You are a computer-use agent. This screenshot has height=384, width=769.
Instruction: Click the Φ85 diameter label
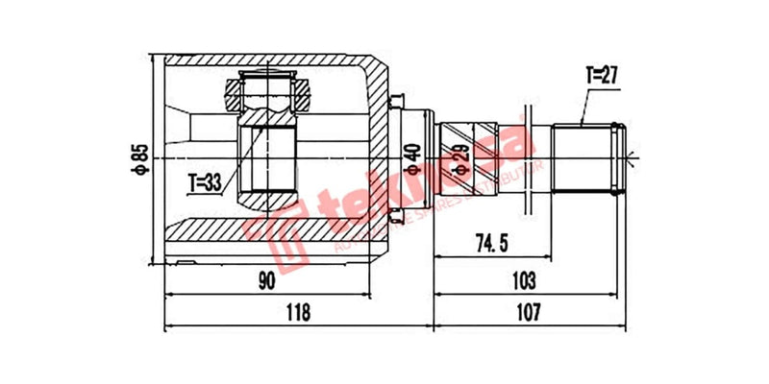point(140,158)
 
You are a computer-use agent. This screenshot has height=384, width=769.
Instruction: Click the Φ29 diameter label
point(462,156)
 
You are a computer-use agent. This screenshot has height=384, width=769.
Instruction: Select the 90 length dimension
point(266,280)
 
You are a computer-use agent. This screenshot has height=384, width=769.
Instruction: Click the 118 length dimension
point(299,313)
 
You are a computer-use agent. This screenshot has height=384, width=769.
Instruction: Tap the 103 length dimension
point(524,280)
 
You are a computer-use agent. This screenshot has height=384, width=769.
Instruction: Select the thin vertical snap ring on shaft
point(528,156)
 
